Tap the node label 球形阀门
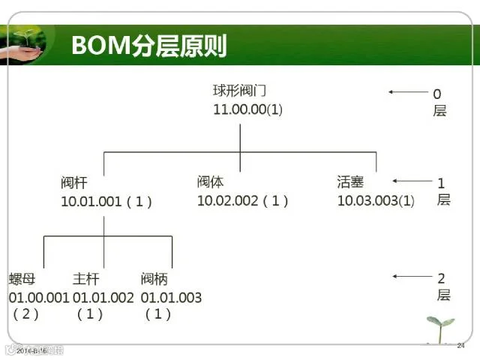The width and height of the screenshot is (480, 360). point(239,91)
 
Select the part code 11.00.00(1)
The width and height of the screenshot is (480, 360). point(248,109)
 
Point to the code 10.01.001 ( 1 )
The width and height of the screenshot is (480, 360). point(106,201)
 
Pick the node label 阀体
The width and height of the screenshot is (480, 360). point(211,181)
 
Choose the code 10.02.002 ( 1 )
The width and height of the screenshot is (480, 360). point(242,200)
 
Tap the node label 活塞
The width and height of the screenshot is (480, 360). point(350,181)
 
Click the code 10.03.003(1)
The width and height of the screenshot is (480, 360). point(375,201)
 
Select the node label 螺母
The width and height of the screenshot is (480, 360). point(22,279)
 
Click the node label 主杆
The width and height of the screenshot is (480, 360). point(85,279)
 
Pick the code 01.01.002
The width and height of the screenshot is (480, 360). point(103,297)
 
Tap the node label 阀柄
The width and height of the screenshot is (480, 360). point(154,279)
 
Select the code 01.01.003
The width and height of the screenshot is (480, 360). point(171,297)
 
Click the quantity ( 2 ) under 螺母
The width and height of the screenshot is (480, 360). point(25,314)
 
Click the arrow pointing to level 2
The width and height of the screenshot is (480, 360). point(411,277)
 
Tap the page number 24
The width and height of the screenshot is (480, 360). point(460,346)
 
